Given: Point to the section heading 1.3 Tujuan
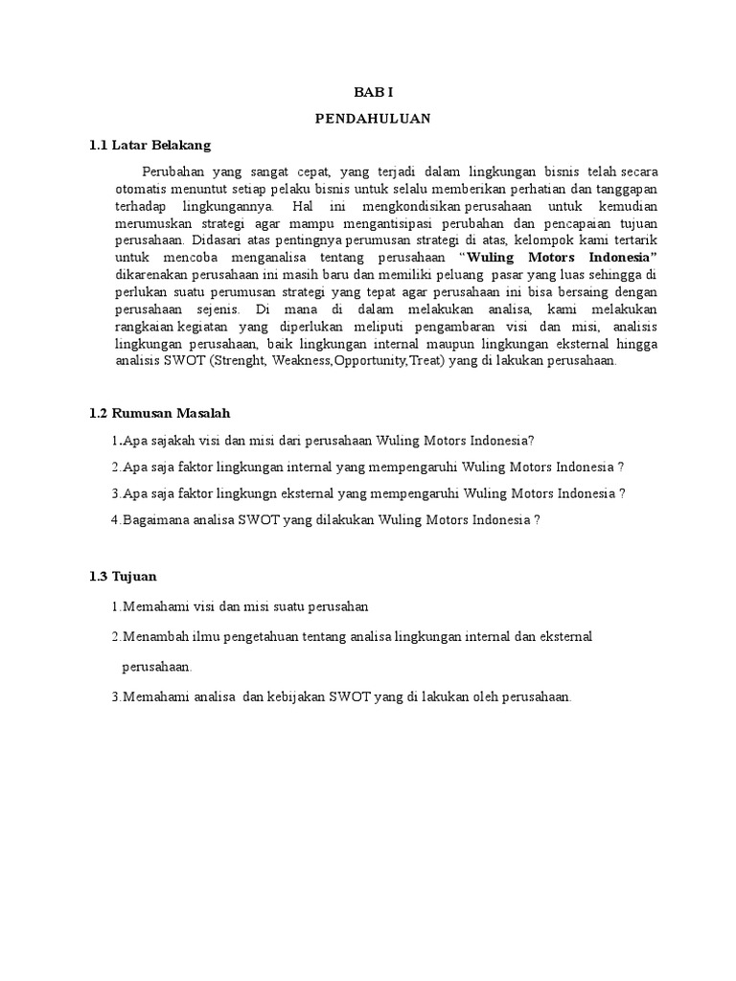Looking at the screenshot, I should (x=122, y=577).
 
